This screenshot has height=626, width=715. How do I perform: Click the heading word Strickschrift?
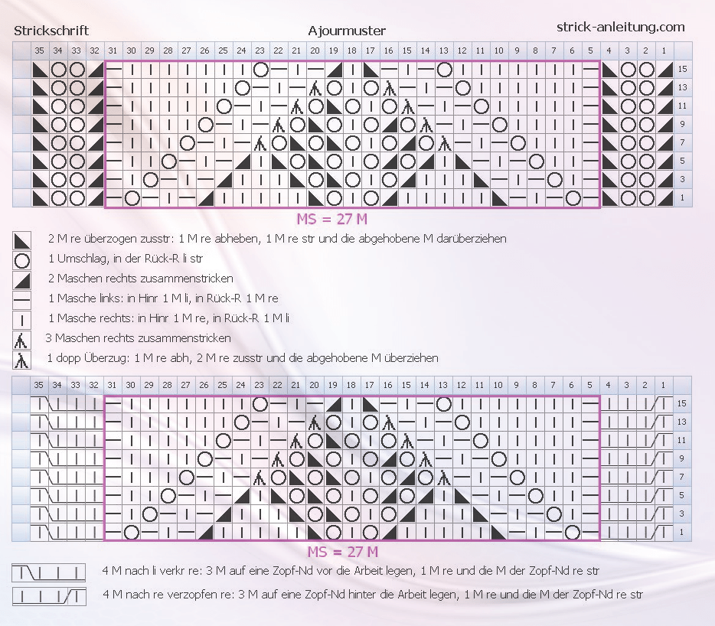(51, 31)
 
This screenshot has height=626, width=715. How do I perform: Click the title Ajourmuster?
(347, 31)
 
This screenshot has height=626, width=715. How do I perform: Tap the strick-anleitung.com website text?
(621, 28)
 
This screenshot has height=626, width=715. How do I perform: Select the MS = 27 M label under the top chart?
(332, 220)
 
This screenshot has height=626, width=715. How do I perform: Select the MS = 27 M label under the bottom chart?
(342, 552)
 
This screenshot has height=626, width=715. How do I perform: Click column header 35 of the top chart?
(40, 51)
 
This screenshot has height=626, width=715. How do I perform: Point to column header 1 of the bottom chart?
(663, 385)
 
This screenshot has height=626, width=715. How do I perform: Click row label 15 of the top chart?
(682, 70)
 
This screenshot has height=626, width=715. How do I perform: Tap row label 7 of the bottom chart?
(682, 477)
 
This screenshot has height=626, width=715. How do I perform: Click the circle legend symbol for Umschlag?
(22, 260)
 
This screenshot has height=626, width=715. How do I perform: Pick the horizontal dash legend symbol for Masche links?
(22, 301)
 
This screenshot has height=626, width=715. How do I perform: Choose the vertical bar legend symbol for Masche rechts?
(22, 321)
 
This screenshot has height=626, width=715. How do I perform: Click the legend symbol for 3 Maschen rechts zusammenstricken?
(21, 341)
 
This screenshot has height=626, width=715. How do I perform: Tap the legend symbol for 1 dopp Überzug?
(21, 360)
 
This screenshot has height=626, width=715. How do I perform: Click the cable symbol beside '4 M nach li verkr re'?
(49, 572)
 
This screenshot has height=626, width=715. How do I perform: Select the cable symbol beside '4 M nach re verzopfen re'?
(49, 596)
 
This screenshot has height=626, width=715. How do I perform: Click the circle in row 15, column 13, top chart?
(444, 70)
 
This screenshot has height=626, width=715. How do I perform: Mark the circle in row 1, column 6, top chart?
(573, 198)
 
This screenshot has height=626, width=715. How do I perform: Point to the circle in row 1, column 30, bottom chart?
(132, 532)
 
